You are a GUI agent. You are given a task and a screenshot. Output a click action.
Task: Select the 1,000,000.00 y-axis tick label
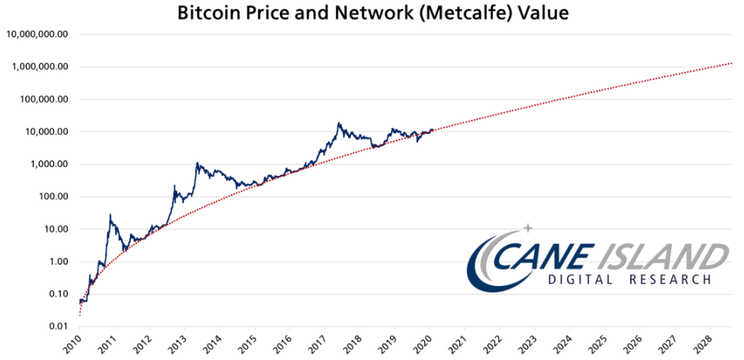[40, 67]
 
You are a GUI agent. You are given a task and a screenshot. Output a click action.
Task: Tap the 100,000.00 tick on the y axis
[44, 99]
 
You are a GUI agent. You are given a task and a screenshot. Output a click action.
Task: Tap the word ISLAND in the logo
[661, 257]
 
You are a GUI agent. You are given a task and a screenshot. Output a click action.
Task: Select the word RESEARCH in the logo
[669, 279]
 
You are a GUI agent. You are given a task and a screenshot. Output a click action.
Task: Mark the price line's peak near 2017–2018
[338, 123]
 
